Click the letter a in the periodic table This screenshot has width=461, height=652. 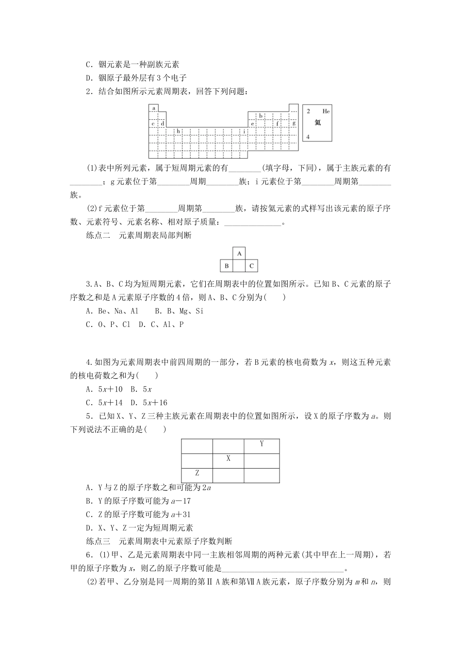[x=153, y=108]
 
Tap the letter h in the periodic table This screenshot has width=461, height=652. [x=178, y=131]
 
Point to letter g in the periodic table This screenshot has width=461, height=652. [x=294, y=123]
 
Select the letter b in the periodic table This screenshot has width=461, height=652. [x=261, y=116]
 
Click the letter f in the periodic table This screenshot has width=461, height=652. [x=278, y=123]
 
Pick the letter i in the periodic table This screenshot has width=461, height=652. [x=244, y=131]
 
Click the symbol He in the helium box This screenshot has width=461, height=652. [x=326, y=111]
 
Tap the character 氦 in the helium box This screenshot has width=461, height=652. [x=317, y=123]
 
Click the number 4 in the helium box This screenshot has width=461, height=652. [x=308, y=137]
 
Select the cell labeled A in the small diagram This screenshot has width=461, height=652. [x=239, y=253]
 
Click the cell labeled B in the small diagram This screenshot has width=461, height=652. [x=226, y=266]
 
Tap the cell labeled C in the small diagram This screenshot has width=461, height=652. [x=251, y=266]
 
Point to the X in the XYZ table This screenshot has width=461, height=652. [x=228, y=459]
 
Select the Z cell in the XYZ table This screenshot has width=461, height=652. [x=197, y=473]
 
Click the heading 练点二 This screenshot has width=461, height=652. [x=98, y=236]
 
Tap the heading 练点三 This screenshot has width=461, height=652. [x=98, y=541]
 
